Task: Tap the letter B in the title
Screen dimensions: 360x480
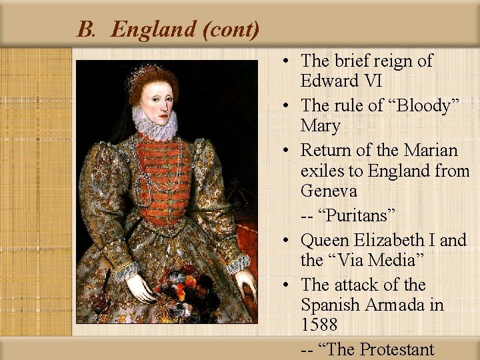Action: tap(85, 29)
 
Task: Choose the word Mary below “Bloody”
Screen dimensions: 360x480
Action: tap(321, 125)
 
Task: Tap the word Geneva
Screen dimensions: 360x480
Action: tap(329, 191)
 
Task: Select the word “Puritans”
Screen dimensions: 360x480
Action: tap(359, 216)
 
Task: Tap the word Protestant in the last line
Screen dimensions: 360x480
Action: tap(396, 349)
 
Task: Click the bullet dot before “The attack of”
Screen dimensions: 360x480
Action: tap(285, 285)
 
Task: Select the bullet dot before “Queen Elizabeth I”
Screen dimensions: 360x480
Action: tap(285, 240)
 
